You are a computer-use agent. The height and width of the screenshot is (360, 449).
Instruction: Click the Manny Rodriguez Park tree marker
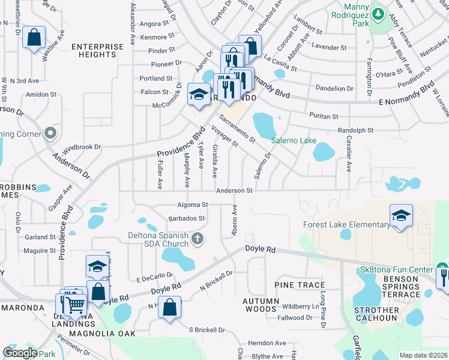click(x=378, y=12)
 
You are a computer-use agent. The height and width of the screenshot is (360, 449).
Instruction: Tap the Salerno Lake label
click(x=294, y=140)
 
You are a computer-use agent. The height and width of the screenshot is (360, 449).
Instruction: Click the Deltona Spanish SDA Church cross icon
click(x=197, y=240)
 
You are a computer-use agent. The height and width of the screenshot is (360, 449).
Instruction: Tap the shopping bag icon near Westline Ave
click(x=34, y=38)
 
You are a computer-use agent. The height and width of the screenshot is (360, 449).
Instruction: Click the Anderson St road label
click(x=234, y=190)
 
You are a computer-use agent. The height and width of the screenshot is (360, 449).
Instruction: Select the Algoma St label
click(x=193, y=205)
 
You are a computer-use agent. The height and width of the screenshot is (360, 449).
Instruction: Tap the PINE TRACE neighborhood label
click(x=300, y=285)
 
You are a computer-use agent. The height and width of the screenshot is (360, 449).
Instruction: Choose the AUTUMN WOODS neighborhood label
click(x=261, y=305)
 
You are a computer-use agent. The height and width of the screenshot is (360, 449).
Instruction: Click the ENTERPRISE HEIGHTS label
click(x=93, y=50)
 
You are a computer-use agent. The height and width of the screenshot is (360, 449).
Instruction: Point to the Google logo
click(x=20, y=353)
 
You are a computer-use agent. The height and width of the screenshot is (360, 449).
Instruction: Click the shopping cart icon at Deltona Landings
click(x=74, y=305)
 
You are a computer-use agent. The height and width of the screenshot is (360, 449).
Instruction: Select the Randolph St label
click(x=356, y=130)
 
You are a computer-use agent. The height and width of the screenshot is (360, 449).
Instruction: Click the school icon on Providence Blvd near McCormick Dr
click(x=199, y=94)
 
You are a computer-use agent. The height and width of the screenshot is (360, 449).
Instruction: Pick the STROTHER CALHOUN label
click(x=377, y=314)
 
